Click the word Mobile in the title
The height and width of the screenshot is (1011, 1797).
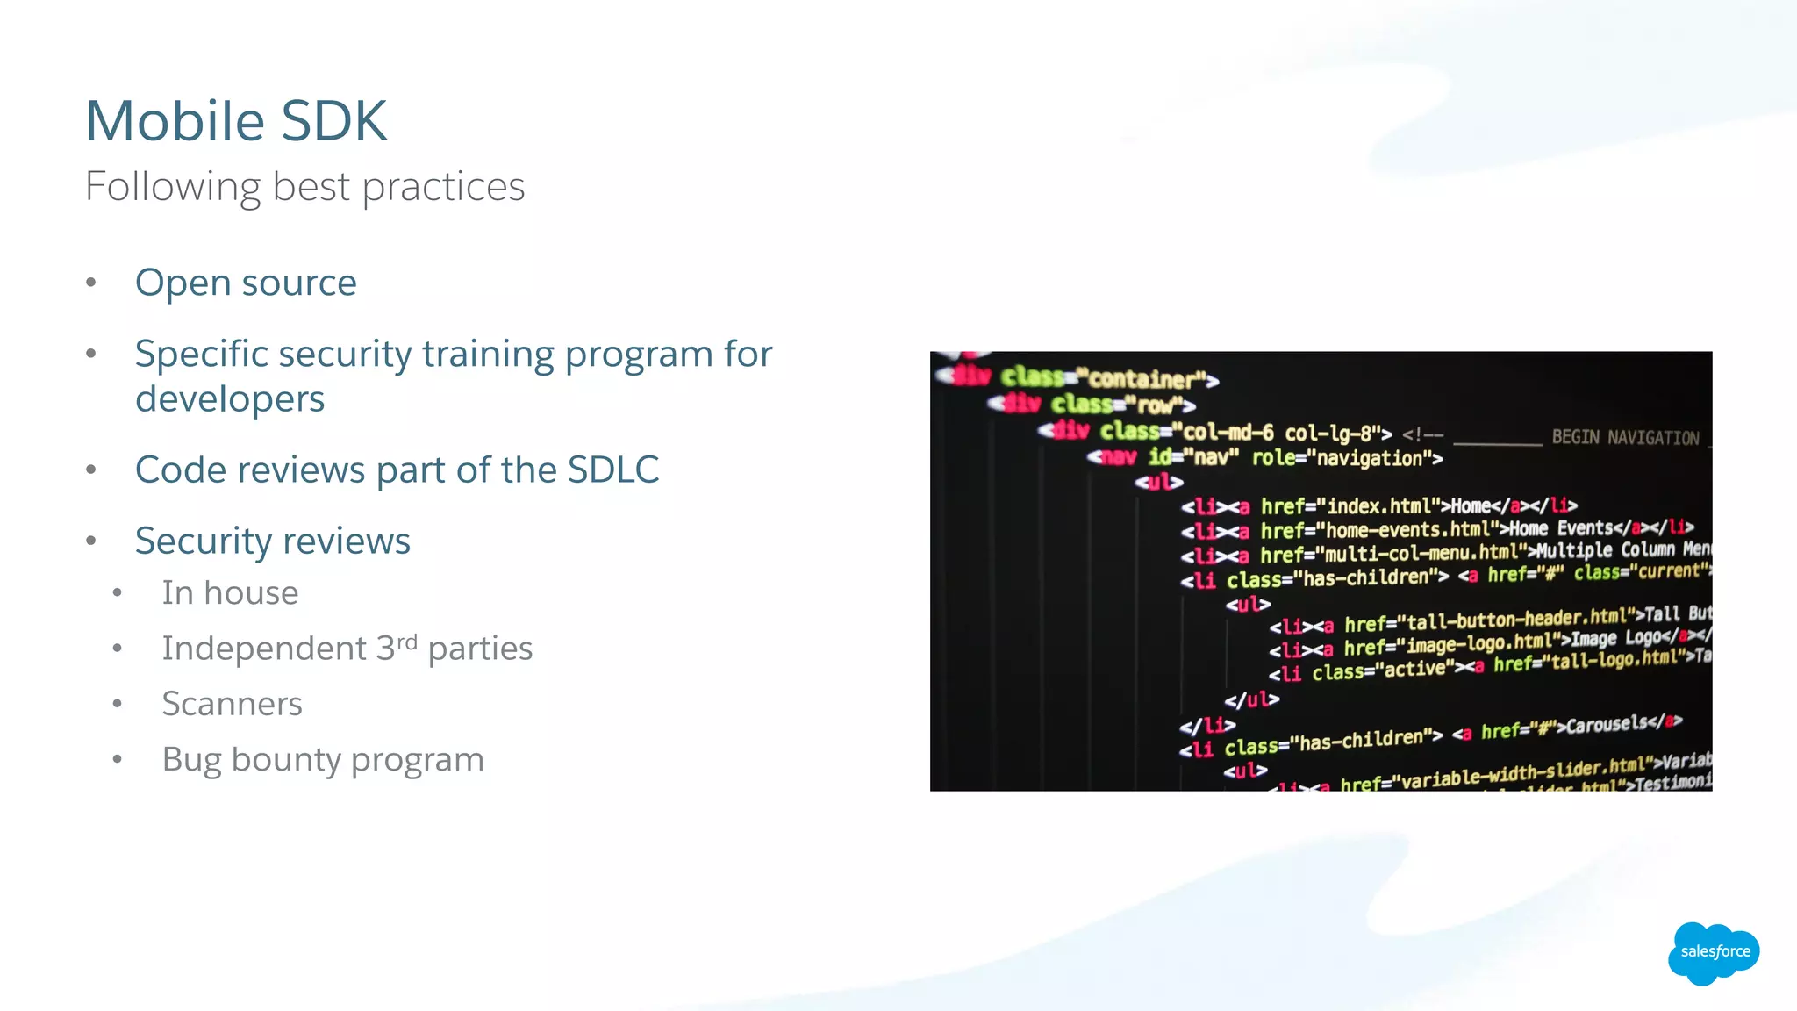pyautogui.click(x=175, y=120)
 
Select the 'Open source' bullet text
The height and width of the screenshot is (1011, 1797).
pyautogui.click(x=246, y=283)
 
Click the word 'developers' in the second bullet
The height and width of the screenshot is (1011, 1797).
pyautogui.click(x=230, y=399)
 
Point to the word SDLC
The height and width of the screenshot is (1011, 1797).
pyautogui.click(x=612, y=470)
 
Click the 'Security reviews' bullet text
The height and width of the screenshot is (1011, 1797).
pyautogui.click(x=272, y=541)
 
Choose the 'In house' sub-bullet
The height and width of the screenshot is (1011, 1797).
pyautogui.click(x=230, y=593)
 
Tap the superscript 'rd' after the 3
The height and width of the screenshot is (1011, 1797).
pyautogui.click(x=406, y=642)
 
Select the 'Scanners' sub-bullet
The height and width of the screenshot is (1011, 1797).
pyautogui.click(x=232, y=704)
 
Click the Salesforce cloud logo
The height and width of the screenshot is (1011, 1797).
pyautogui.click(x=1714, y=951)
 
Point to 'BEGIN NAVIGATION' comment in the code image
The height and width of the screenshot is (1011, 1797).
pyautogui.click(x=1625, y=437)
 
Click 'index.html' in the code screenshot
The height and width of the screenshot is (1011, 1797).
pyautogui.click(x=1379, y=505)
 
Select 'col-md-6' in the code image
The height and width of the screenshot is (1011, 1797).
pyautogui.click(x=1228, y=432)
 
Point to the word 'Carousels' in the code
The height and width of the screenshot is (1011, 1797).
pyautogui.click(x=1606, y=725)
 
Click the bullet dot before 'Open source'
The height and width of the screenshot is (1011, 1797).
pyautogui.click(x=90, y=283)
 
